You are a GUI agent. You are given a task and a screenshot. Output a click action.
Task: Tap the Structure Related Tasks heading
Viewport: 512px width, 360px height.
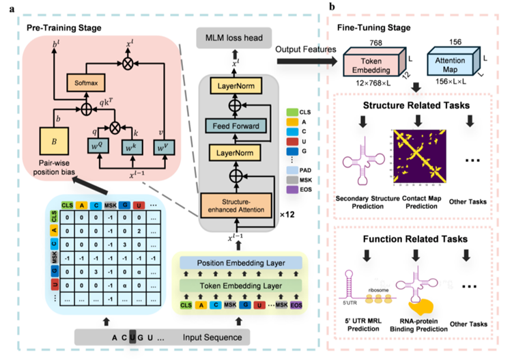pos(413,104)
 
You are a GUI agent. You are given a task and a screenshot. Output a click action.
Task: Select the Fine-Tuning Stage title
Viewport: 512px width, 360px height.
pos(373,27)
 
